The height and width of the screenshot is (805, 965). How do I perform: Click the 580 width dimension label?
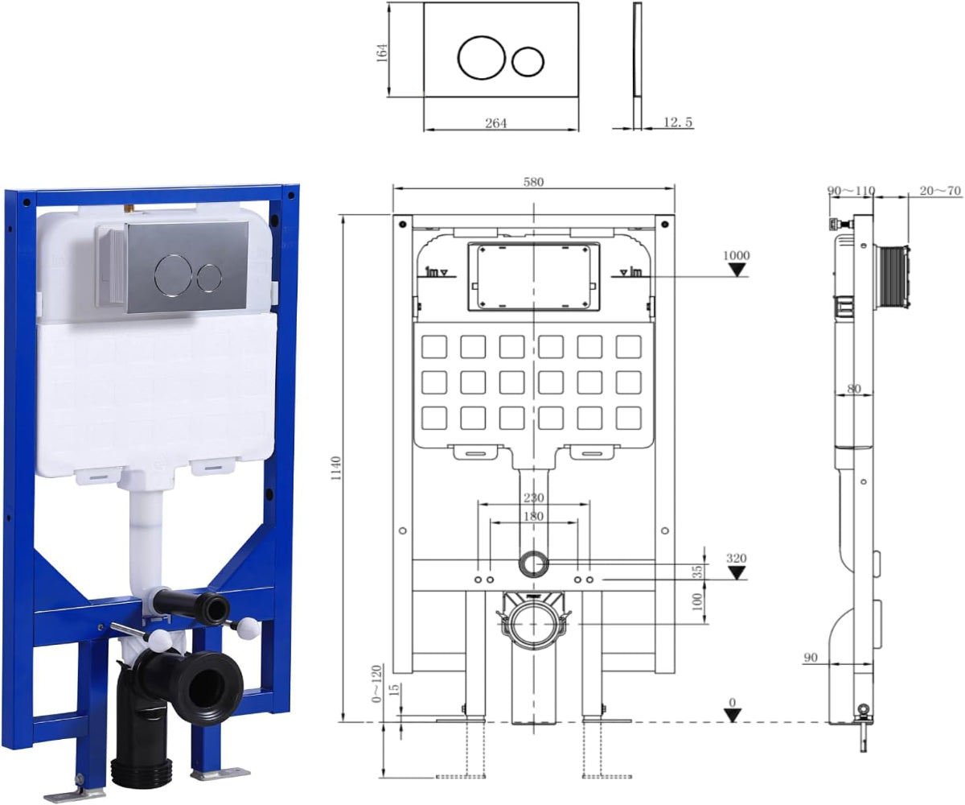click(x=533, y=182)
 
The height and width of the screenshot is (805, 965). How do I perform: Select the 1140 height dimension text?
click(x=336, y=469)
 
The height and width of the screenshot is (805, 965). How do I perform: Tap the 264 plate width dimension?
click(x=496, y=123)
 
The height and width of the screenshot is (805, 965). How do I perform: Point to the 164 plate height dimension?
click(x=382, y=53)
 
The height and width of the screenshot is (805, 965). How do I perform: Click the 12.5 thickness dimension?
click(x=678, y=122)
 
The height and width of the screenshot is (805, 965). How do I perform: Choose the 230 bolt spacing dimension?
click(x=533, y=497)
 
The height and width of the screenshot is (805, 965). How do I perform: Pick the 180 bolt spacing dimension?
click(x=533, y=516)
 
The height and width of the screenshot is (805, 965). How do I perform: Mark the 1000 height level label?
click(x=737, y=255)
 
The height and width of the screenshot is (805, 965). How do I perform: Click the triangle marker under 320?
click(x=737, y=572)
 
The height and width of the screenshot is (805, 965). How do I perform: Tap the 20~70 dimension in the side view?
click(x=940, y=191)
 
